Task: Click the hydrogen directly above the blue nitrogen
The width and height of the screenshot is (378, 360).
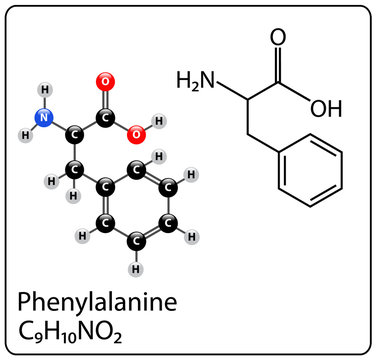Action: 44,90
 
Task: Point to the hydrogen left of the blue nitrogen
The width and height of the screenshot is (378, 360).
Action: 24,131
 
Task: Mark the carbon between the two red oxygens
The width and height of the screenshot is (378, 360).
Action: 105,116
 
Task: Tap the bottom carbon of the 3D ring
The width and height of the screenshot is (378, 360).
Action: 135,240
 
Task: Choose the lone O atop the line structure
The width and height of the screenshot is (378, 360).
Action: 277,39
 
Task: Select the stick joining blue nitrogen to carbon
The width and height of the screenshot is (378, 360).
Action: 59,125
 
